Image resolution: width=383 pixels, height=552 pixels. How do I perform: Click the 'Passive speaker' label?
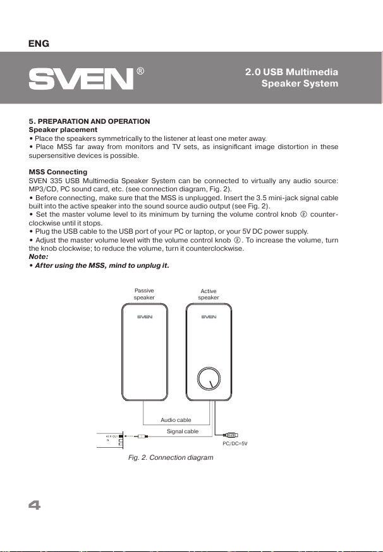(x=145, y=294)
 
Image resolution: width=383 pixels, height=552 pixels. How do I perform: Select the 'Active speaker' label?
(x=209, y=294)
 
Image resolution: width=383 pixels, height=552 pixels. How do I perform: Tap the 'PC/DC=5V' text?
(x=234, y=443)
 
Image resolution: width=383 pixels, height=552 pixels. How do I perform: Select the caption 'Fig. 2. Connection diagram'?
(x=166, y=457)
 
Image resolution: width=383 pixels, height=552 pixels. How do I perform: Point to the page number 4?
(x=34, y=506)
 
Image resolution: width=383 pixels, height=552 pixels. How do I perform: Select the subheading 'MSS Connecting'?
(x=58, y=172)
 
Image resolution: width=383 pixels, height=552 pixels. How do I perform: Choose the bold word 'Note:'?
(x=39, y=257)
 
